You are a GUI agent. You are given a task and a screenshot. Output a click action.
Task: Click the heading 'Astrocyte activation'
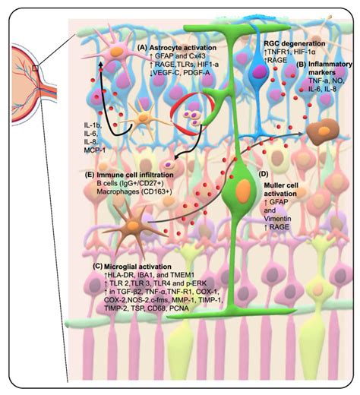click(x=183, y=48)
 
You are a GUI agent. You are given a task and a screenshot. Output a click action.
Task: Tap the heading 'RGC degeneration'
click(x=295, y=43)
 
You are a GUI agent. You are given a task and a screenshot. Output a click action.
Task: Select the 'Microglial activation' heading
click(x=137, y=267)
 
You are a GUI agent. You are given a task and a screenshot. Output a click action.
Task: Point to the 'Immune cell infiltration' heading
click(x=135, y=175)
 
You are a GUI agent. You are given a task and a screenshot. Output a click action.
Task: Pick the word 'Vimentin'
click(x=277, y=219)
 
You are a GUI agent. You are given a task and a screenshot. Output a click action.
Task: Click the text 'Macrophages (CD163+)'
click(x=134, y=191)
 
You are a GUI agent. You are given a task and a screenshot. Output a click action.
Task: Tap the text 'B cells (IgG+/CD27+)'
click(x=130, y=183)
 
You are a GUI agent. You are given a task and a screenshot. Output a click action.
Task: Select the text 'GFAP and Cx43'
click(x=180, y=56)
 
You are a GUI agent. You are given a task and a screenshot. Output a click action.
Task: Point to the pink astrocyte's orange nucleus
click(x=117, y=52)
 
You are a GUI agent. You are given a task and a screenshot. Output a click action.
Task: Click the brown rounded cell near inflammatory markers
click(x=323, y=131)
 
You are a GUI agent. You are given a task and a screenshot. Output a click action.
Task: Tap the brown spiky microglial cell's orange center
click(x=133, y=226)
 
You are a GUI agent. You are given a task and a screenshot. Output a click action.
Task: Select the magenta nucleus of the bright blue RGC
click(x=259, y=71)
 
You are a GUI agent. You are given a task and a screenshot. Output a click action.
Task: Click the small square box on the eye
click(x=36, y=68)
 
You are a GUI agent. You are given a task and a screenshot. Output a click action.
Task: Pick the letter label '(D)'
click(x=264, y=174)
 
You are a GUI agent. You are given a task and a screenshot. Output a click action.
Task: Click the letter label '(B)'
click(x=302, y=65)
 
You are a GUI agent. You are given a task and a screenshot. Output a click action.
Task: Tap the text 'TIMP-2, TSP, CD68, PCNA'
click(x=147, y=308)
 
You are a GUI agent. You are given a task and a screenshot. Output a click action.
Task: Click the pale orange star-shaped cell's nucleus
click(x=143, y=118)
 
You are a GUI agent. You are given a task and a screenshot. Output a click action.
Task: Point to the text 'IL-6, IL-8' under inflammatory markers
click(x=322, y=89)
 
